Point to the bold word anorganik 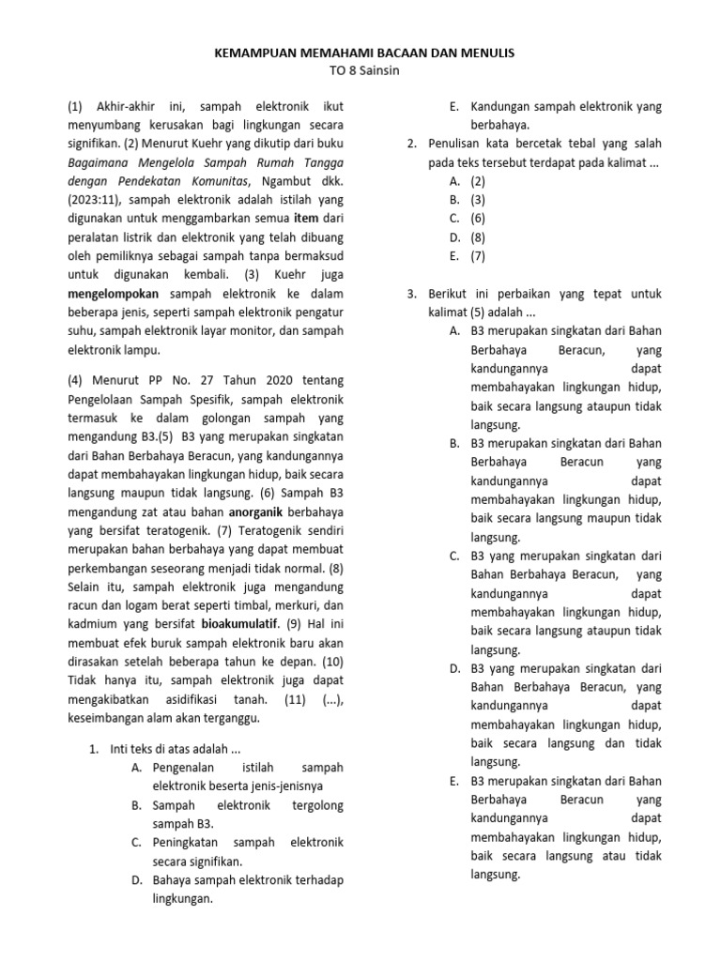(x=262, y=512)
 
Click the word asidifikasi (x=227, y=700)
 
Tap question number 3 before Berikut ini (x=411, y=293)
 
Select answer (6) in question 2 (x=478, y=218)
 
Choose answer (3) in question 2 (x=478, y=199)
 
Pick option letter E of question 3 (x=453, y=780)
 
